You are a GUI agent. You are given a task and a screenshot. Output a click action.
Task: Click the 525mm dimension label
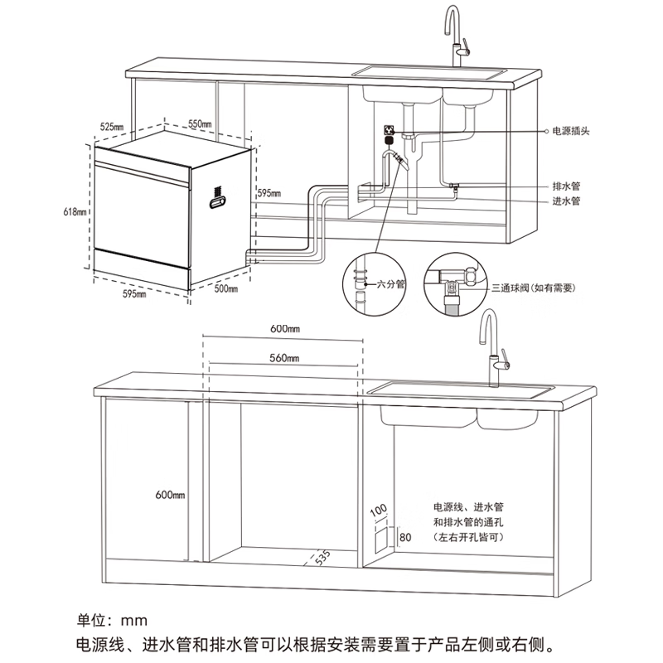(x=112, y=126)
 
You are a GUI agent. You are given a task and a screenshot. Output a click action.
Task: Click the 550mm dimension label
(x=200, y=123)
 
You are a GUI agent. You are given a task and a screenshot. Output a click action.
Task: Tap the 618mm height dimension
(x=75, y=212)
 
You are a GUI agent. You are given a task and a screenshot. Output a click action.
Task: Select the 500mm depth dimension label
(x=225, y=288)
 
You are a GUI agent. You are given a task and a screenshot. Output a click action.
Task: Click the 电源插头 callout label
(x=571, y=131)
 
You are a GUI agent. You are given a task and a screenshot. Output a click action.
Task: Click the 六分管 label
(x=390, y=283)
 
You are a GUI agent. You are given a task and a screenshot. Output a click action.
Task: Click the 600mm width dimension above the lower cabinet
(x=284, y=328)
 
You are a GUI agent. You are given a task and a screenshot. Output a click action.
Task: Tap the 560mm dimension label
(x=284, y=358)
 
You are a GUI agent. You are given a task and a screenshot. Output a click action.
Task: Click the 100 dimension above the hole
(x=379, y=507)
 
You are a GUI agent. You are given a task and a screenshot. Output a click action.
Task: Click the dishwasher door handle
(x=218, y=198)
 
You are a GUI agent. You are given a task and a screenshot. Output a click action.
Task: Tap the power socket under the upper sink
(x=387, y=131)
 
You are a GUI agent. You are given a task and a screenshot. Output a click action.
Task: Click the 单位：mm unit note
(x=110, y=620)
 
